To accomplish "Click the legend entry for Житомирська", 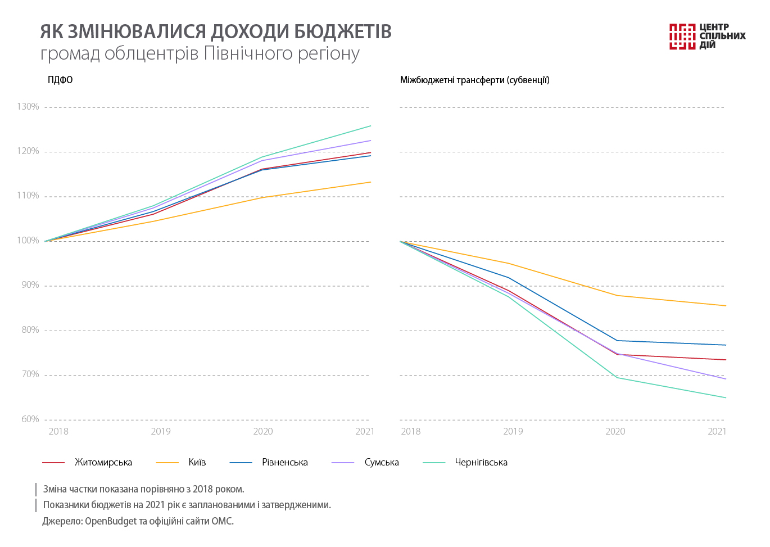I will point(103,463).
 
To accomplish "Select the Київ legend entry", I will point(197,463).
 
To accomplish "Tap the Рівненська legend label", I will point(284,463).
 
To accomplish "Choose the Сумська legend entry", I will point(381,463).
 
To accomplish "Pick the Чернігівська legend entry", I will point(481,463).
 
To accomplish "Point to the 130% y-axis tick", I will point(28,107).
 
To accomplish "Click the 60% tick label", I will point(30,419).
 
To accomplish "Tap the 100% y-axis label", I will point(28,241).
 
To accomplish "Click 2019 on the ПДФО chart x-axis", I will point(161,432).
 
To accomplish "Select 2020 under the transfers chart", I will point(615,432).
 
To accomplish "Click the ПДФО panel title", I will point(60,80).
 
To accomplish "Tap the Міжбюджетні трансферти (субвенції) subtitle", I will point(474,80).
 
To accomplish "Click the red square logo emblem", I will point(682,37).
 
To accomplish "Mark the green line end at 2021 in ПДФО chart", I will point(370,126).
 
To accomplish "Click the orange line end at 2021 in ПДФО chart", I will point(370,182).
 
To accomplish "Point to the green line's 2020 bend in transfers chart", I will point(617,377).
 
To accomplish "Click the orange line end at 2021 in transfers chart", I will point(726,306).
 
